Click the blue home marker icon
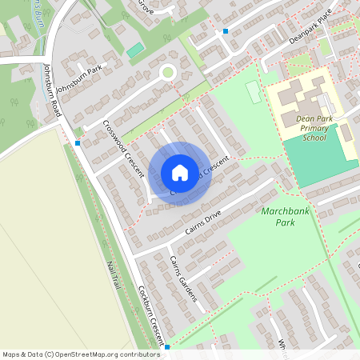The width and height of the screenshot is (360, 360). point(180,172)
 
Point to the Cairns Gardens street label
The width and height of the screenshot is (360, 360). point(183,279)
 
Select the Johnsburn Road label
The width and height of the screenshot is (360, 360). point(52,91)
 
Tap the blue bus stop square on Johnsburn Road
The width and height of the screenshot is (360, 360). point(78,143)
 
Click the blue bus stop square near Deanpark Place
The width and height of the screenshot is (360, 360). point(226,31)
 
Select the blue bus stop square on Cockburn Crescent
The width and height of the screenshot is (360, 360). point(167,347)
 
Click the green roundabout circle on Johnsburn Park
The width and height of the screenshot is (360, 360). point(167,73)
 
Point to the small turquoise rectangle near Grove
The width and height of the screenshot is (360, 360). point(135,50)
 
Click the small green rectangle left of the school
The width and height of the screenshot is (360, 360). point(253,93)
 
